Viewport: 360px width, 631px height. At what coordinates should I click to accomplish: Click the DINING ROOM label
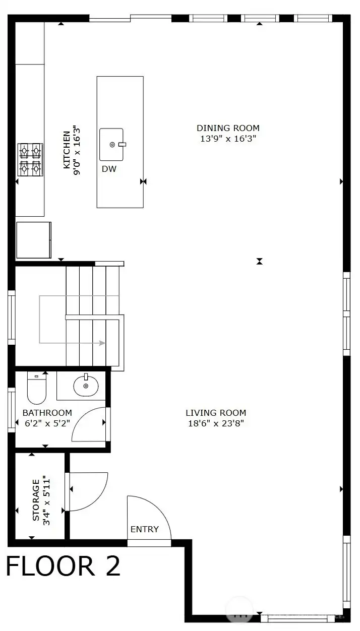(x=228, y=128)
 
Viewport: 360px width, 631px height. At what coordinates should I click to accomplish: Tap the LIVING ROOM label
(x=215, y=413)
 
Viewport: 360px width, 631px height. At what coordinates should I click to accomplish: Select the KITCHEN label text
(x=67, y=150)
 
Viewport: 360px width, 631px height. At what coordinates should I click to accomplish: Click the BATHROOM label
(x=47, y=413)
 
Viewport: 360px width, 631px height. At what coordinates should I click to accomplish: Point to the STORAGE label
(x=36, y=500)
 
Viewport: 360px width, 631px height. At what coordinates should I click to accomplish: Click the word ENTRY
(x=144, y=529)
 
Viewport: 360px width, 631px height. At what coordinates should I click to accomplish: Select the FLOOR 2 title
(x=63, y=566)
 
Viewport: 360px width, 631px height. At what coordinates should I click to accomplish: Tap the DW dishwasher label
(x=109, y=169)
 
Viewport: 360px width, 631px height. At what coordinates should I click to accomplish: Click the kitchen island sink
(x=112, y=144)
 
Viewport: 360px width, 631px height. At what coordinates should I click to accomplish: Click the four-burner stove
(x=30, y=159)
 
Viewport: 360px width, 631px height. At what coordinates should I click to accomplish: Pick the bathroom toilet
(x=36, y=388)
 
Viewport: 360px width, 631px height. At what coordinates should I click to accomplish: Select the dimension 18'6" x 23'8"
(x=215, y=424)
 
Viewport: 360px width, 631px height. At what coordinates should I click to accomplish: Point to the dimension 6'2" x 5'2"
(x=47, y=424)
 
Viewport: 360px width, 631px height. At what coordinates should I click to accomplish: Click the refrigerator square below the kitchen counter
(x=34, y=240)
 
